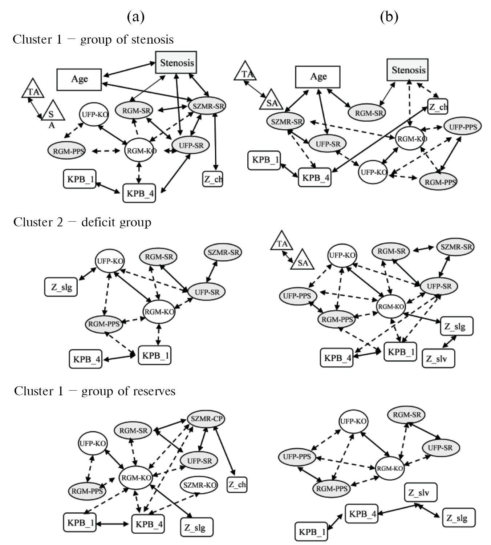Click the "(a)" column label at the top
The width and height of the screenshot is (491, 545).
pos(136,17)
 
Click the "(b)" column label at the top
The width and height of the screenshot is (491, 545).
pos(389,17)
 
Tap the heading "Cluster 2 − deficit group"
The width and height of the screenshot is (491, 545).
pos(82,222)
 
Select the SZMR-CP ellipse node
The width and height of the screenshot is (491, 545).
pos(206,419)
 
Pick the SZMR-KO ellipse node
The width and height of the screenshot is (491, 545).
pos(199,485)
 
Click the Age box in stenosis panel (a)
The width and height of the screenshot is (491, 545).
pos(79,79)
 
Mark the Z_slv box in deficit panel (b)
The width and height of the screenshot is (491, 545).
pos(438,359)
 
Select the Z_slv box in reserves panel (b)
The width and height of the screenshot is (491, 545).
pos(420,493)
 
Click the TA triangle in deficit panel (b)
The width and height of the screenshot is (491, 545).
pos(282,242)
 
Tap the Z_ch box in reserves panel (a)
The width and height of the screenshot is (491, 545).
pos(237,484)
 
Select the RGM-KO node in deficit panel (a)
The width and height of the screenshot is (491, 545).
pos(159,312)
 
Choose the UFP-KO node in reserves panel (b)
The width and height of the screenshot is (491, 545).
pos(353,421)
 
